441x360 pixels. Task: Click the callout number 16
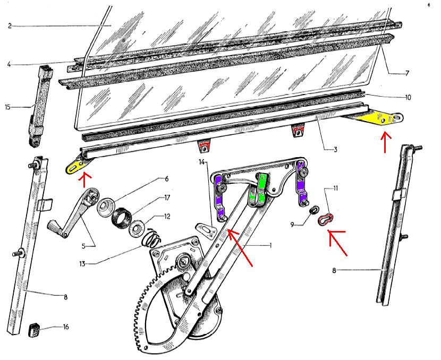pos(65,327)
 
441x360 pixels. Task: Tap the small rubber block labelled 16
pos(34,330)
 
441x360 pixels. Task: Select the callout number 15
pos(7,107)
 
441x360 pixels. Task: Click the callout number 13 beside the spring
pos(82,263)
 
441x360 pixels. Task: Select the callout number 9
pos(293,225)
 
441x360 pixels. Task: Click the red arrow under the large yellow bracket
pos(385,142)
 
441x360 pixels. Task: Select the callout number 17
pos(167,198)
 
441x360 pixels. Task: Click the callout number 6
pos(166,179)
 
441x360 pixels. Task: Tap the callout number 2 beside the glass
pos(10,26)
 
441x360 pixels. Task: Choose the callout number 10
pos(408,97)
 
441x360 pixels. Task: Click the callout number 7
pos(406,73)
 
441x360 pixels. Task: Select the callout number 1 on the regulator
pos(271,246)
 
